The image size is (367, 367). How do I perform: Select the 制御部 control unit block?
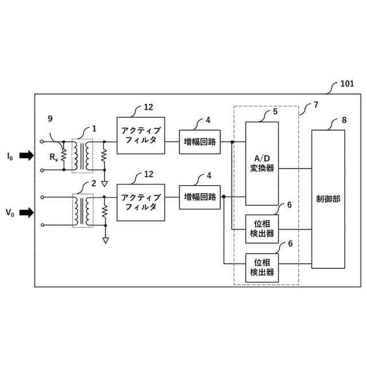(329, 199)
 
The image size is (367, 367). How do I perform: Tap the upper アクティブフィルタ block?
(140, 135)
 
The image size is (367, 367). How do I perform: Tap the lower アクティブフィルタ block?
(140, 202)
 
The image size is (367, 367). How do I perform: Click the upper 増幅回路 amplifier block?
(200, 142)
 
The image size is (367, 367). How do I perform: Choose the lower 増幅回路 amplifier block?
(200, 197)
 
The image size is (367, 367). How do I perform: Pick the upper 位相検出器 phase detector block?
(262, 228)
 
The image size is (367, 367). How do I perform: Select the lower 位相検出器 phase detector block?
(262, 267)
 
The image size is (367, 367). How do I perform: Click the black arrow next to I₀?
(26, 155)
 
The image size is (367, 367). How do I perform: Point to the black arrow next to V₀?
(26, 213)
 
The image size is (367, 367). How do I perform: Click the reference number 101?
(347, 84)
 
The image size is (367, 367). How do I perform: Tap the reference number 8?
(344, 120)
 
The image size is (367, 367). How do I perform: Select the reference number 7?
(315, 106)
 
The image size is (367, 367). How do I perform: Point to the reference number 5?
(275, 111)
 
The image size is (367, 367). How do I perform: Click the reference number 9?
(50, 119)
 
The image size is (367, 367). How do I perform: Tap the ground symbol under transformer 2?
(106, 240)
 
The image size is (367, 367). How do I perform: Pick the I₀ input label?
(10, 156)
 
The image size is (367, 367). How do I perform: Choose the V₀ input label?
(10, 213)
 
